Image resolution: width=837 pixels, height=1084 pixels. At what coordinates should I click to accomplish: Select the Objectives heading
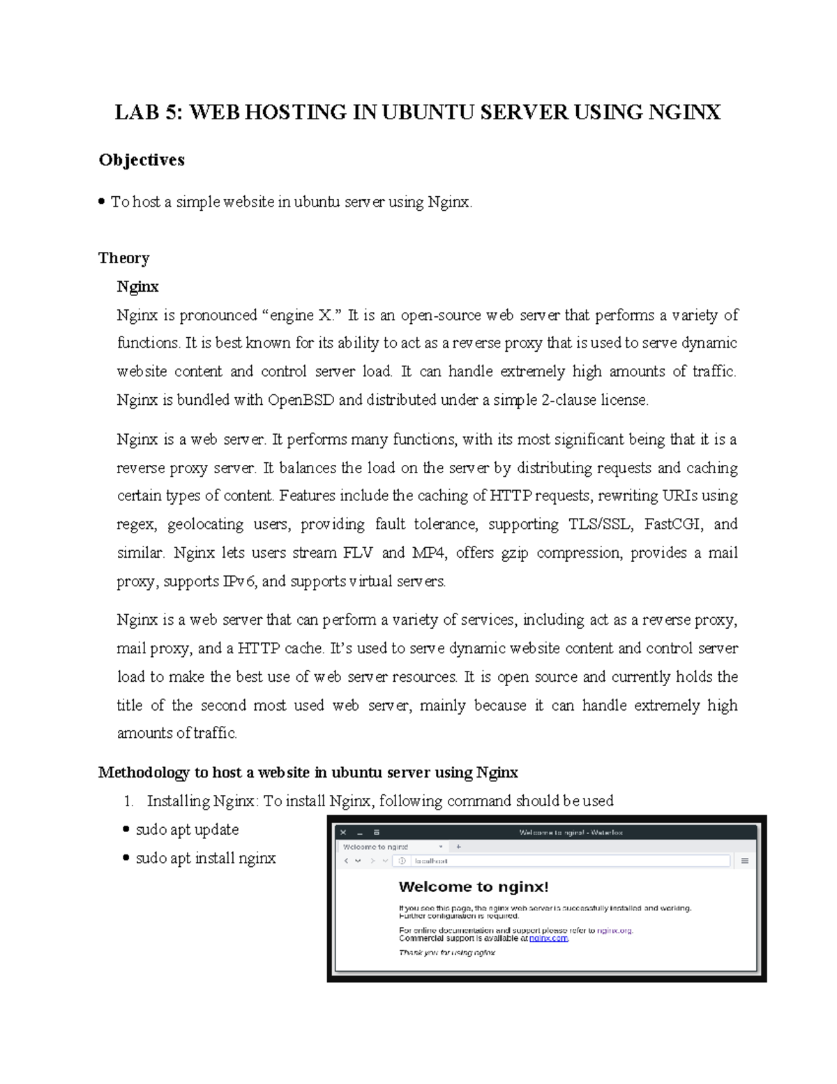142,160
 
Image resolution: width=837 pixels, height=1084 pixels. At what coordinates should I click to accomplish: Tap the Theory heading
124,258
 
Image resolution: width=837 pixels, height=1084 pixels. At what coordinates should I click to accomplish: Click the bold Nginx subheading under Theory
137,287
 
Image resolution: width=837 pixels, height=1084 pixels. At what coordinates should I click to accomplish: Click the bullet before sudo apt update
126,830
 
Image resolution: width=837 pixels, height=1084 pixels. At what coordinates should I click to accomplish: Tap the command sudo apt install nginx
206,859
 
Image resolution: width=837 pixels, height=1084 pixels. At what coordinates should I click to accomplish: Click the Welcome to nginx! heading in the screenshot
474,887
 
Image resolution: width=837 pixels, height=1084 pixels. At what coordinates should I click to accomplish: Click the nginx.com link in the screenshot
549,939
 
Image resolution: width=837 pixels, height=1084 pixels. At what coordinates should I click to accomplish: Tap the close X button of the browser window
343,833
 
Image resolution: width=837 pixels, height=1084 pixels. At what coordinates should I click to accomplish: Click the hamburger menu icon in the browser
745,861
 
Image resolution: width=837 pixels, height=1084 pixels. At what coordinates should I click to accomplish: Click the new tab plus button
458,847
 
